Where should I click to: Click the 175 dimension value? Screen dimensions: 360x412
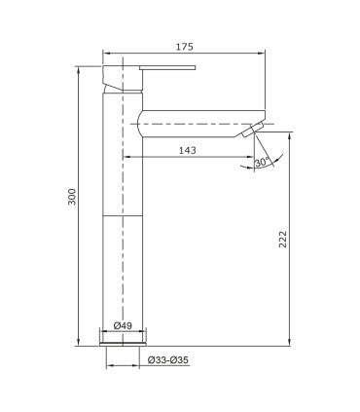(185, 47)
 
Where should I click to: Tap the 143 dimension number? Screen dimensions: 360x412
(188, 150)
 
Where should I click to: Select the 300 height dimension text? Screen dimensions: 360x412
(72, 197)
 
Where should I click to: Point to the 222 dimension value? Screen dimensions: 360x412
(283, 240)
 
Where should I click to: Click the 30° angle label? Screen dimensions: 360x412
(262, 162)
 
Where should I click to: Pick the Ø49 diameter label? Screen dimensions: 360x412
(123, 325)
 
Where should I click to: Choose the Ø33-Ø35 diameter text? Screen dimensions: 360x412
(167, 360)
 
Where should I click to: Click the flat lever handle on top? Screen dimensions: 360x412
(167, 67)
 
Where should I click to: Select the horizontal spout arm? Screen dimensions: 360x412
(201, 124)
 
